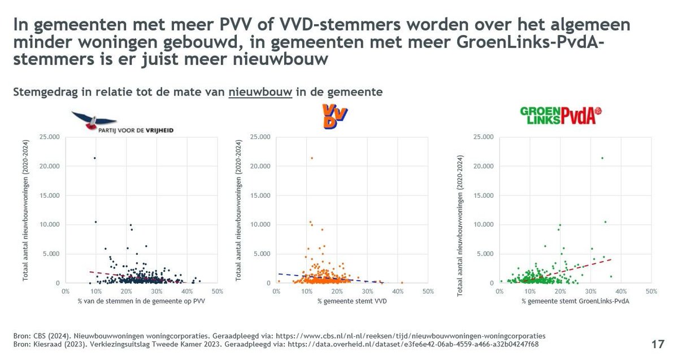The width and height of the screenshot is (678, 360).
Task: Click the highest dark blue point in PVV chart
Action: (94, 158)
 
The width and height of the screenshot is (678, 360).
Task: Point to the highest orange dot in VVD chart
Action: (311, 158)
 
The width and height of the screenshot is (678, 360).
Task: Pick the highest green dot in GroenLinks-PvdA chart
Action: (602, 158)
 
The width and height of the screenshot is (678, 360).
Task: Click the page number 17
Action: (657, 344)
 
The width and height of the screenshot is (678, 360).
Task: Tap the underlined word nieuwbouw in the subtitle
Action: (260, 92)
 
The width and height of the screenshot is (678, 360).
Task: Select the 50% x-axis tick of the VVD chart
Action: (428, 291)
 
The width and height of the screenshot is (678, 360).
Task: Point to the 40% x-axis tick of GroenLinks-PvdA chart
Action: (620, 291)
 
